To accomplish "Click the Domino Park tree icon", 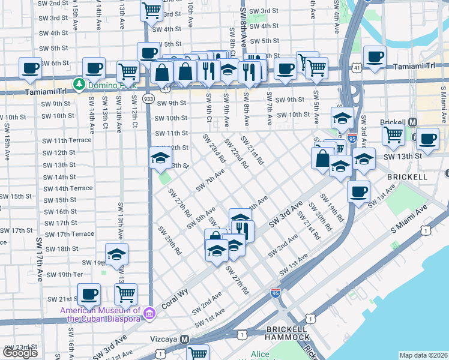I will click(77, 82).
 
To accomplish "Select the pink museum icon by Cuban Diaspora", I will click(149, 312).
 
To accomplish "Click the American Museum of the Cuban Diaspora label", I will click(101, 314).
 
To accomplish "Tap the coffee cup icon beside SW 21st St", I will click(89, 293).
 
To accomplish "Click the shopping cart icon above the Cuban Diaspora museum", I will click(125, 293).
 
